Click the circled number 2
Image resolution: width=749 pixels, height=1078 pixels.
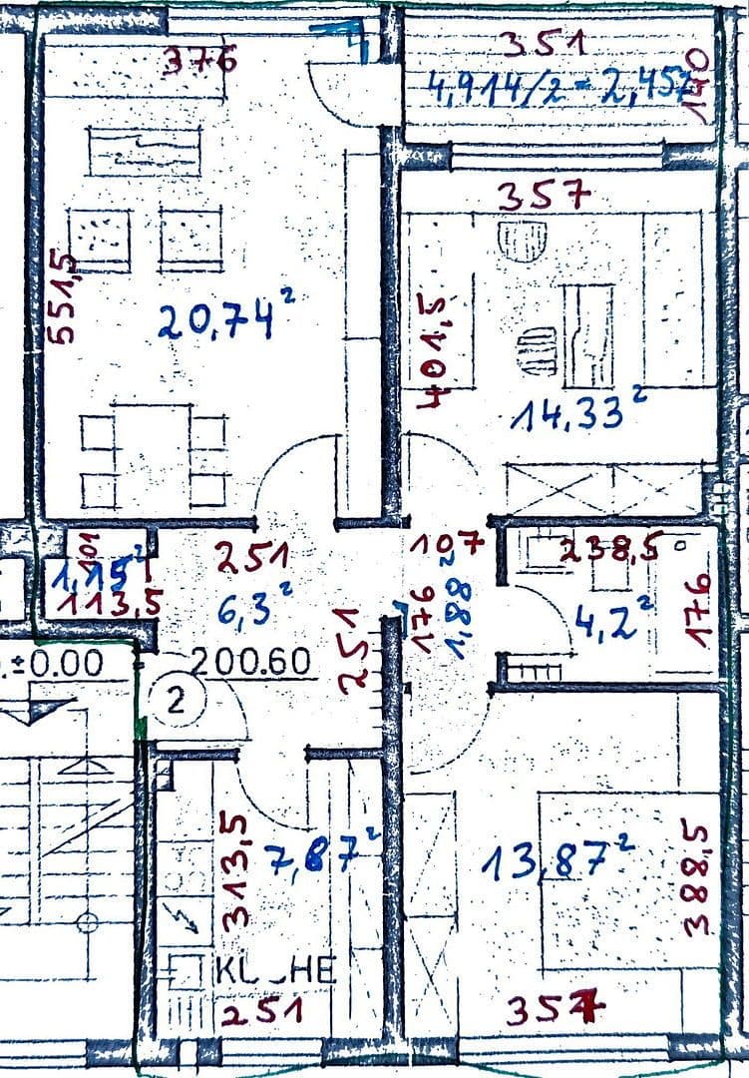pyautogui.click(x=176, y=700)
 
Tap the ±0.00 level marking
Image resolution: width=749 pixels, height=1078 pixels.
pyautogui.click(x=60, y=663)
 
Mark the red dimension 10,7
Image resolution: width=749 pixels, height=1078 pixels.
pyautogui.click(x=445, y=545)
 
